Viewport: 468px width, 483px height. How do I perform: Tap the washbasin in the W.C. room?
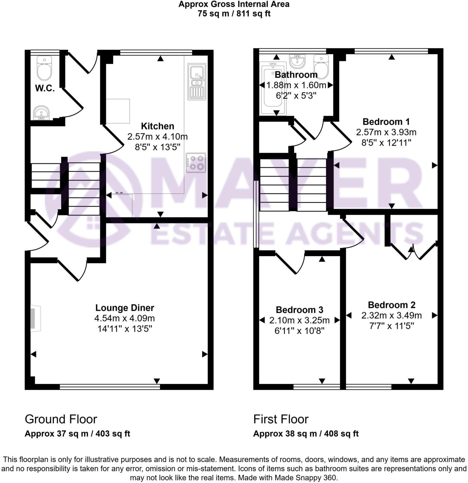(41, 113)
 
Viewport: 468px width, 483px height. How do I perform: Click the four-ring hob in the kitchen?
(196, 163)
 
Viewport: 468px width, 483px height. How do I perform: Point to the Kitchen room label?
(157, 126)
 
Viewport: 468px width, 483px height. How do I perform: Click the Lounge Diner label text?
(125, 308)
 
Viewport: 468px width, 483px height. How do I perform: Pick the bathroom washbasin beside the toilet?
(297, 61)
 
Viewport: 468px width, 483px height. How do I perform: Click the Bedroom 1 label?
(386, 121)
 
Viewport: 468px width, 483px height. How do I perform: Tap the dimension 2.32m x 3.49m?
(391, 315)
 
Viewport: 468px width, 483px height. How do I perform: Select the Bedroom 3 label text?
(299, 310)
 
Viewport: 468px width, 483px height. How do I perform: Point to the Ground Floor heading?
(61, 419)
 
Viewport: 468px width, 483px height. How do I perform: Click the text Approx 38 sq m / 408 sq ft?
(306, 434)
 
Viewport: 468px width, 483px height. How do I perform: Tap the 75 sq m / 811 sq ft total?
(234, 14)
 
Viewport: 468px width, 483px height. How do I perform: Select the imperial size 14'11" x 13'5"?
(125, 329)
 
